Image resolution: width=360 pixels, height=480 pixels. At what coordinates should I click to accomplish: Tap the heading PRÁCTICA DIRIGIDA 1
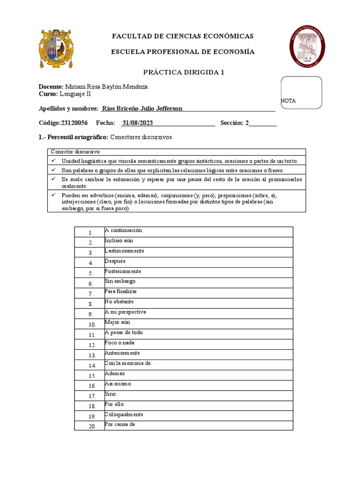point(184,72)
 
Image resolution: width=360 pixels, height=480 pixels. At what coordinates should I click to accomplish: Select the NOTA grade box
point(301,92)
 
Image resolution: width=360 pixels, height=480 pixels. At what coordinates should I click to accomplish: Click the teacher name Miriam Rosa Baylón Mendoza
point(106,87)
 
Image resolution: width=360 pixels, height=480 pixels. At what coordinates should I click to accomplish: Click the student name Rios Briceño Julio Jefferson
point(142,109)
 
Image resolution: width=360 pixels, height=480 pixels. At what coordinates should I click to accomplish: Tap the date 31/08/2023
point(137,123)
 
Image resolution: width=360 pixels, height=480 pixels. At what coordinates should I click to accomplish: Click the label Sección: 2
point(234,123)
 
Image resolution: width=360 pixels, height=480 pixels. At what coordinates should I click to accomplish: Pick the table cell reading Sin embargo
point(120,281)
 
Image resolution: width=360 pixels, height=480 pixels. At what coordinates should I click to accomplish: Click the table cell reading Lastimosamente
point(125,251)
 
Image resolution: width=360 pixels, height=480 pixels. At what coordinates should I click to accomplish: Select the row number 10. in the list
point(92,324)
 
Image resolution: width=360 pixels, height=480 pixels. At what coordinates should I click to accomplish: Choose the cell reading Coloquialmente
point(124,414)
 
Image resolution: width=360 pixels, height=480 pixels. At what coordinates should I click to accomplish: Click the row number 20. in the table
point(92,426)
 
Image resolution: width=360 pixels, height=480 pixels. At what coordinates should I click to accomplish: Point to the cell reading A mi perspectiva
point(126,312)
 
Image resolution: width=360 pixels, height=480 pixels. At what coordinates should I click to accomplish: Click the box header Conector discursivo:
point(75,152)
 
